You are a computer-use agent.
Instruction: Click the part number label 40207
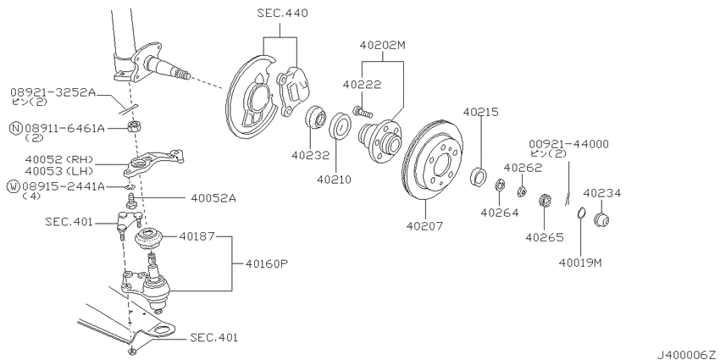point(424,226)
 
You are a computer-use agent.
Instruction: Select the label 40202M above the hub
point(383,46)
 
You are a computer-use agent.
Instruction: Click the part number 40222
point(362,85)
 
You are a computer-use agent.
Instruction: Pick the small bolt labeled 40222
point(363,111)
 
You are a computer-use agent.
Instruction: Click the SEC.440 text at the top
point(282,14)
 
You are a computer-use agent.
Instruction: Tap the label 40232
point(310,156)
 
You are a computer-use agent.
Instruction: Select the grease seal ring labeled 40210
point(341,125)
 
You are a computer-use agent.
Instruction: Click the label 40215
point(481,112)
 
